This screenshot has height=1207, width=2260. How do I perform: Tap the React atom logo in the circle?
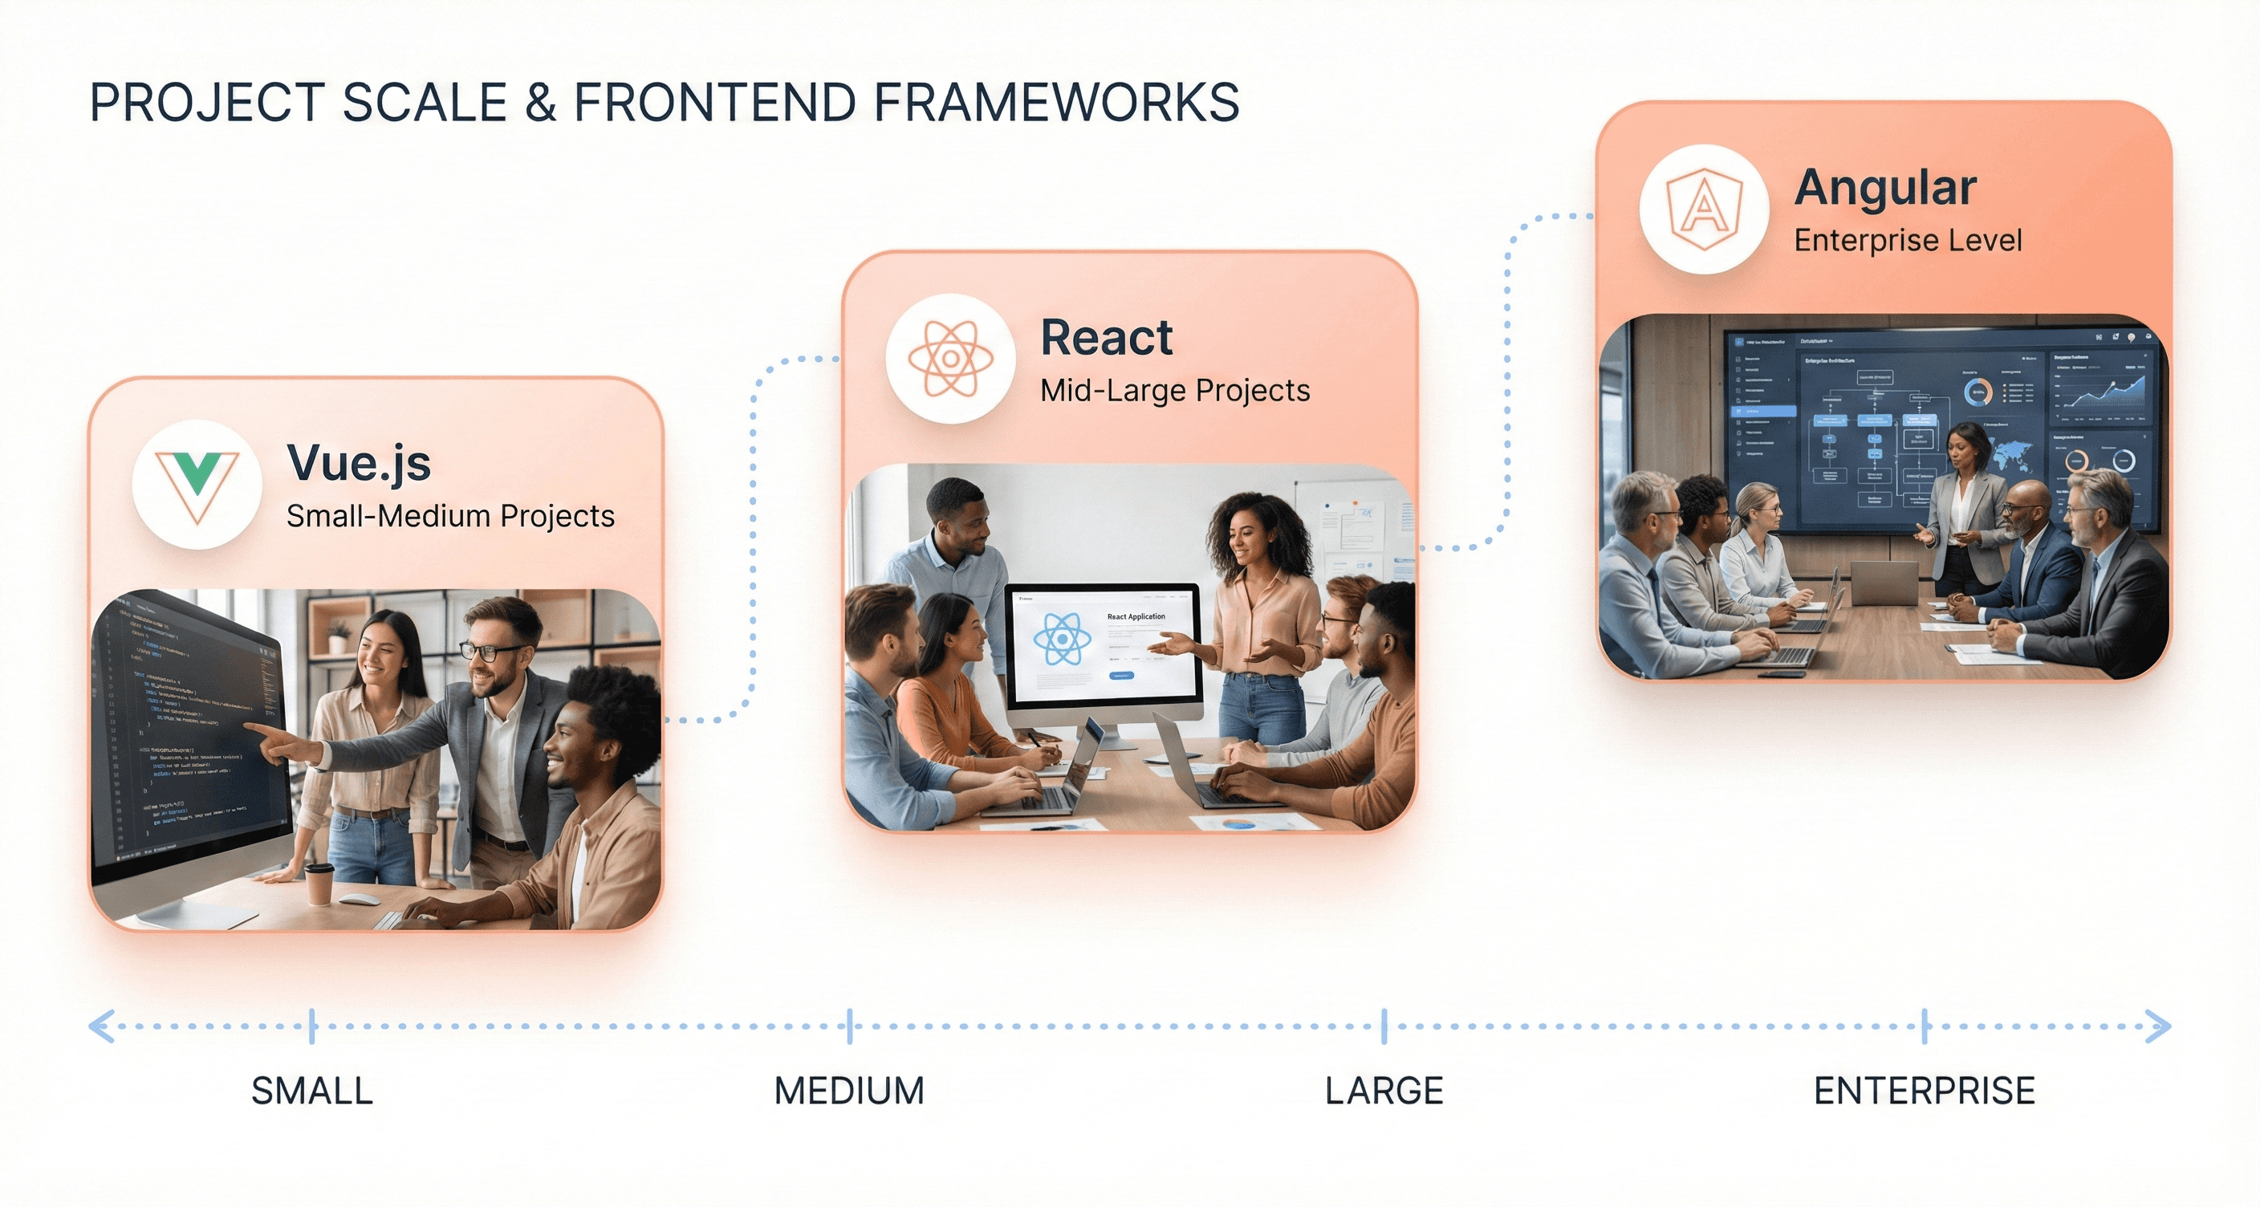(x=950, y=358)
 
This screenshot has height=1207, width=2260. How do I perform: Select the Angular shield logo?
(x=1704, y=209)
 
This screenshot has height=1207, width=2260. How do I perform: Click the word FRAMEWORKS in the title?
(x=1055, y=103)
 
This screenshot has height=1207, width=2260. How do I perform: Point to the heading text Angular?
(x=1885, y=188)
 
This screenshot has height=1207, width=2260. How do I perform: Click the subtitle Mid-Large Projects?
(x=1175, y=390)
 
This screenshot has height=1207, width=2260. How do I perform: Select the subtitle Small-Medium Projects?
(x=450, y=516)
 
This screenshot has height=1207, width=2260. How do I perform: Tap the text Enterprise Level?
(x=1908, y=240)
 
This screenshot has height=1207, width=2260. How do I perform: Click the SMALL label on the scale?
(x=311, y=1091)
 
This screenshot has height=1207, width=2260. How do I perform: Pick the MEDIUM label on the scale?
(x=848, y=1091)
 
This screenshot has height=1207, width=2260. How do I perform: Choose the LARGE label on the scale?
(x=1384, y=1091)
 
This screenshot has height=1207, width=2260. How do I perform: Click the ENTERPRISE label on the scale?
(x=1924, y=1091)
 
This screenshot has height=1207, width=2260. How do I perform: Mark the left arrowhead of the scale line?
(x=100, y=1026)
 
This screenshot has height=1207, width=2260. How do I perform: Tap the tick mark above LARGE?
(x=1384, y=1026)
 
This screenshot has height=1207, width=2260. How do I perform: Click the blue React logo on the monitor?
(x=1062, y=639)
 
